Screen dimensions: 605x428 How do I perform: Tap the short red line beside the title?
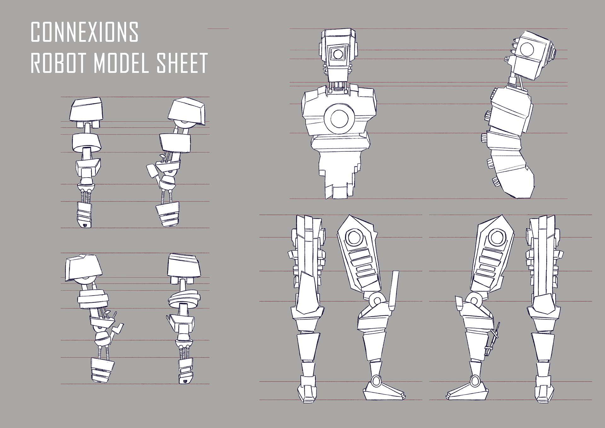pyautogui.click(x=218, y=29)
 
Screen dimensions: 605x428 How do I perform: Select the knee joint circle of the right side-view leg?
pyautogui.click(x=475, y=300)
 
